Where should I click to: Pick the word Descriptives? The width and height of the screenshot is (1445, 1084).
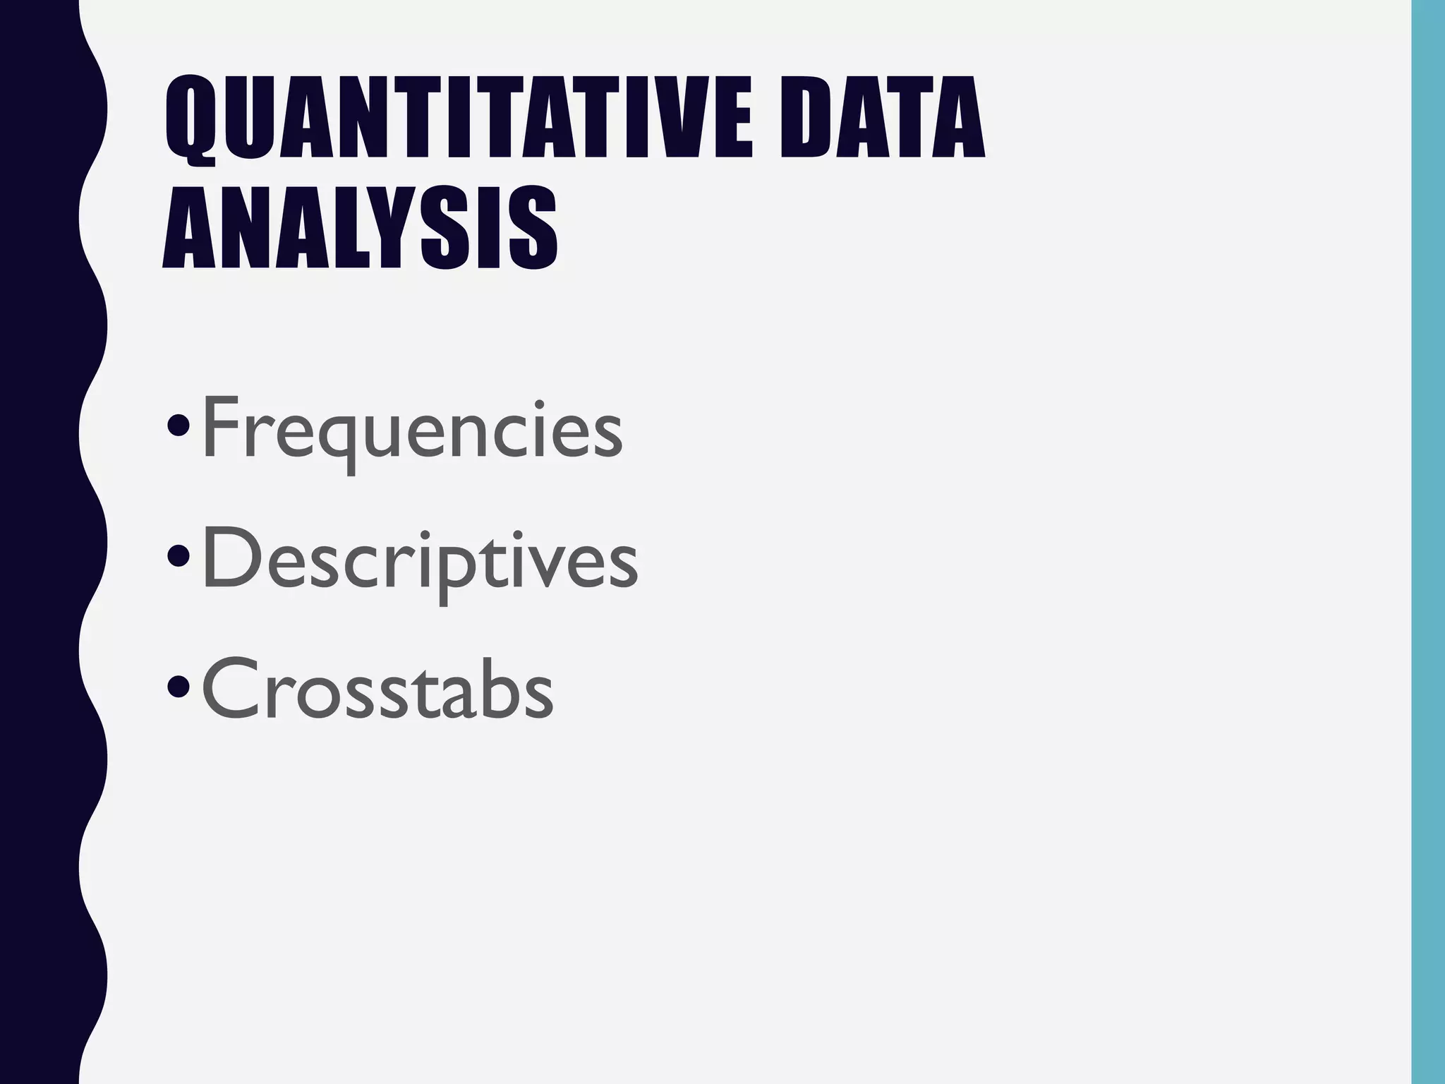(x=420, y=561)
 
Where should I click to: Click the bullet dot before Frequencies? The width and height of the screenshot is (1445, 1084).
(x=179, y=426)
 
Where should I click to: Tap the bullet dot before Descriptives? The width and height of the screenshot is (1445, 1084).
(x=179, y=558)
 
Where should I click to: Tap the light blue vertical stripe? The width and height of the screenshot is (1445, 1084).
(x=1428, y=542)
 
